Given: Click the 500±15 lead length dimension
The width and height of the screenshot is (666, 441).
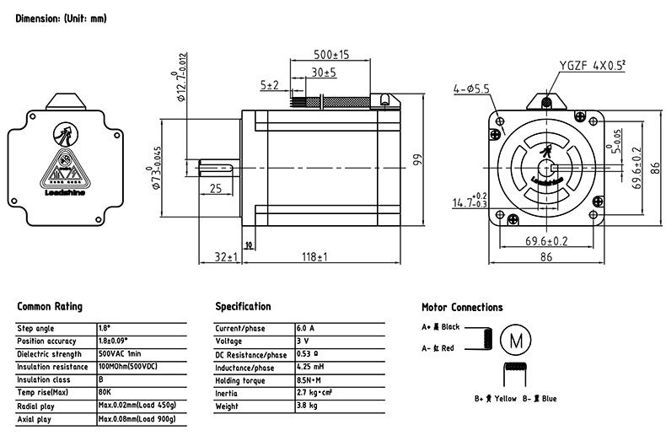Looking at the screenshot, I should click(320, 54).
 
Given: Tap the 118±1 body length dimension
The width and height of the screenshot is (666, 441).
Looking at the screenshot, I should click(311, 257).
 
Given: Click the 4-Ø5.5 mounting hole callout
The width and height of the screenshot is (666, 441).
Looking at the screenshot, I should click(470, 87).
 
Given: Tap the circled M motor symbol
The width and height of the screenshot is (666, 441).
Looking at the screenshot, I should click(515, 339).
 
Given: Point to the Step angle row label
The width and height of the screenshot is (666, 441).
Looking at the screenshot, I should click(35, 328).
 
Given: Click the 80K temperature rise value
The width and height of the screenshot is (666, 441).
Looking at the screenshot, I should click(105, 394).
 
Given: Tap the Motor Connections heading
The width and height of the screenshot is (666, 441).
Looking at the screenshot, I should click(461, 308).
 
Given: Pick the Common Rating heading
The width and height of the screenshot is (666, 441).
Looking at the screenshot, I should click(50, 307).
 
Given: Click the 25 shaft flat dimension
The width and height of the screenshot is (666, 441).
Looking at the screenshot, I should click(216, 190).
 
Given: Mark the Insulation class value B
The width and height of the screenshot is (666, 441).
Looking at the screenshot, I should click(101, 380).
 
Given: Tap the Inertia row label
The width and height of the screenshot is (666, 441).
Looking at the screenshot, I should click(228, 394).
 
